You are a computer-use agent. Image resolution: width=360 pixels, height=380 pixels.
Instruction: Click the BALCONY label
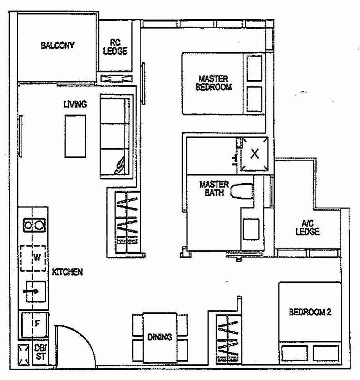pyautogui.click(x=57, y=45)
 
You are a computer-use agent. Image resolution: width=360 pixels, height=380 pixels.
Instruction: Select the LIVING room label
pyautogui.click(x=75, y=104)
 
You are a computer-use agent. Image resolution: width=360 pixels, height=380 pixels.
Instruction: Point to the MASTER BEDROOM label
pyautogui.click(x=213, y=83)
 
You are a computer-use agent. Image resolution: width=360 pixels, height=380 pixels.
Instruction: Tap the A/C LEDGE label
pyautogui.click(x=308, y=227)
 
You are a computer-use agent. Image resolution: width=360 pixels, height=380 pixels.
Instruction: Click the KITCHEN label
pyautogui.click(x=67, y=272)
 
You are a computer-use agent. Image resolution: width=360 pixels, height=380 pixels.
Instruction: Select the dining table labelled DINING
pyautogui.click(x=160, y=337)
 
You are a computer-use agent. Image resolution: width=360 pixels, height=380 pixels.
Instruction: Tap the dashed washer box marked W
pyautogui.click(x=34, y=258)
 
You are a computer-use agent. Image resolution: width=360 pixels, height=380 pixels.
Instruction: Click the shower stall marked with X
pyautogui.click(x=254, y=154)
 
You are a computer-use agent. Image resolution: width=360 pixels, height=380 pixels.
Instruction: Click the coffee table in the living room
pyautogui.click(x=76, y=136)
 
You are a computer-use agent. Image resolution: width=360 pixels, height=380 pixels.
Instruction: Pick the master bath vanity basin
pyautogui.click(x=252, y=229)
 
